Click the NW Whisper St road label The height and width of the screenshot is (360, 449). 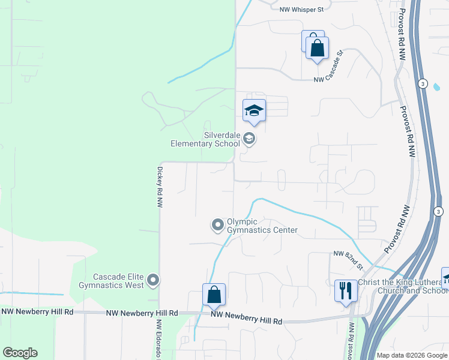click(x=301, y=10)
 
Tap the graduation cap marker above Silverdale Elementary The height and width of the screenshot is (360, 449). click(x=255, y=110)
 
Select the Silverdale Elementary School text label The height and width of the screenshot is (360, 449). click(x=205, y=140)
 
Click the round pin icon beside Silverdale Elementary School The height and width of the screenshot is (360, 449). click(x=249, y=140)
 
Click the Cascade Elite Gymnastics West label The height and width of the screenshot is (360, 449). click(x=118, y=281)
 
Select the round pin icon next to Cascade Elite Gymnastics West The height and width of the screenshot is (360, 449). click(x=153, y=280)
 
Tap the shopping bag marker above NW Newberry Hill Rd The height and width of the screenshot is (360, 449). click(x=214, y=295)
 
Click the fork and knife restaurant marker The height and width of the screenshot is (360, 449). click(x=346, y=291)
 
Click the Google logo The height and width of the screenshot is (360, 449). click(x=20, y=353)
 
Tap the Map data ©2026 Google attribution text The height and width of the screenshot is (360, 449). click(x=412, y=355)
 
